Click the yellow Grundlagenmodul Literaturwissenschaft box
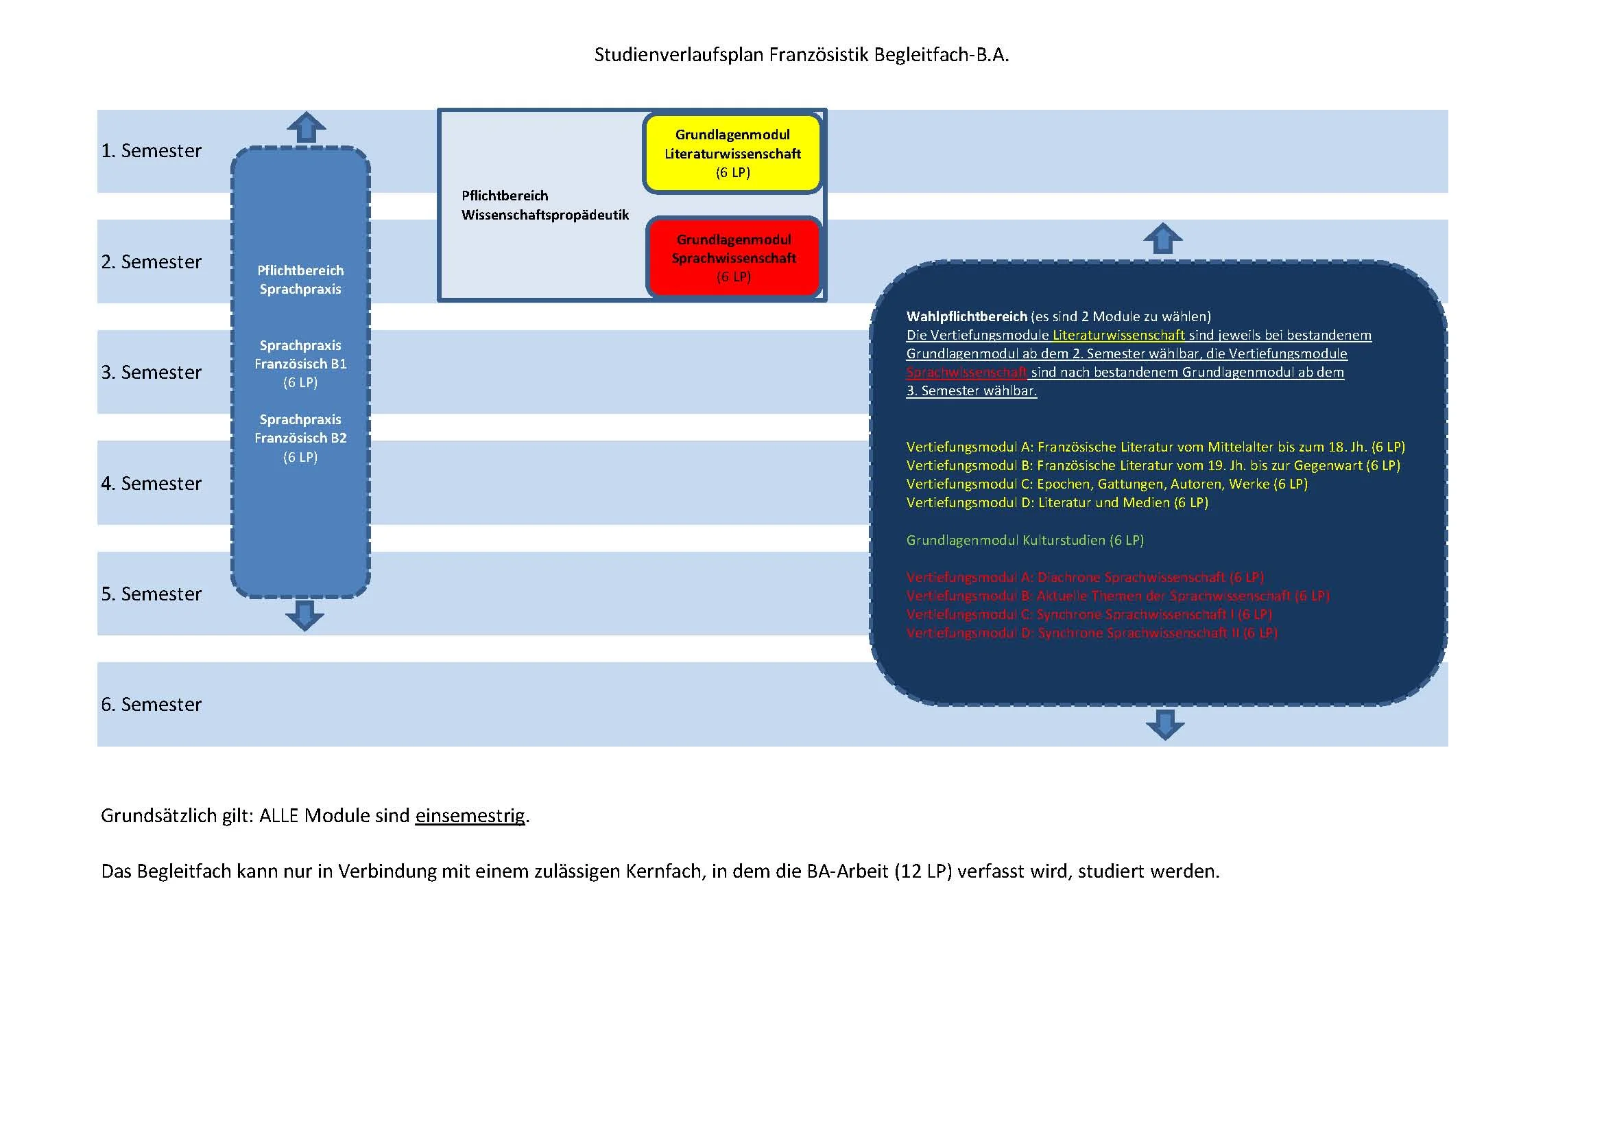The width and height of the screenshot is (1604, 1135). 732,153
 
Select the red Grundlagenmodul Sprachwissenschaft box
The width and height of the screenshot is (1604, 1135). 734,258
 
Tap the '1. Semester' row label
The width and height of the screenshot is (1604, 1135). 151,151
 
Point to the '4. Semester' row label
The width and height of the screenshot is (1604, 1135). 151,484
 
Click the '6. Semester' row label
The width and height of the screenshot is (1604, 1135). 151,705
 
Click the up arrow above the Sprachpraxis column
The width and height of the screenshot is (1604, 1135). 306,127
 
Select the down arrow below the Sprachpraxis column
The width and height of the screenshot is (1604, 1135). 304,615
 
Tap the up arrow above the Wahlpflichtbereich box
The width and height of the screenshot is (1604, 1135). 1162,238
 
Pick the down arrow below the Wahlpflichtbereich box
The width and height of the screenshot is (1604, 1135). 1164,725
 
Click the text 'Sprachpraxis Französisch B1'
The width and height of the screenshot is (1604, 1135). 300,355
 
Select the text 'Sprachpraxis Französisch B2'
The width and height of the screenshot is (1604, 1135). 300,429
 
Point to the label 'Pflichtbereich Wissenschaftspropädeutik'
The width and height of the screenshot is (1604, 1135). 545,205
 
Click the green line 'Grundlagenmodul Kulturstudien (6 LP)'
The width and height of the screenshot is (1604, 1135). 1024,540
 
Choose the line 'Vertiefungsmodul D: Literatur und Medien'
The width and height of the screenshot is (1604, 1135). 1056,502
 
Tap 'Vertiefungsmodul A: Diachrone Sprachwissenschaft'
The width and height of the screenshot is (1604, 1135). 1084,577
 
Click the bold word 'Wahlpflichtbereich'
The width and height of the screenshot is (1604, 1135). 966,316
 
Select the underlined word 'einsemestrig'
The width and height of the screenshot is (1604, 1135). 470,816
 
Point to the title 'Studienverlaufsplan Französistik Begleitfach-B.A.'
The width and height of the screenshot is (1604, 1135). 801,54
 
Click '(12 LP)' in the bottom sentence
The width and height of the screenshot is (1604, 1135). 923,871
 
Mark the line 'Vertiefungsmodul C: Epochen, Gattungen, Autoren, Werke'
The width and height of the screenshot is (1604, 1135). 1106,484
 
